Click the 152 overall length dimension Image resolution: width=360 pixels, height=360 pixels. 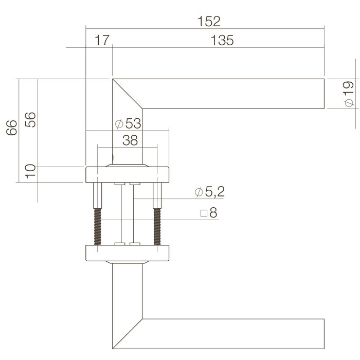pyautogui.click(x=208, y=21)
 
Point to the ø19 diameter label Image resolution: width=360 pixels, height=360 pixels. pyautogui.click(x=348, y=94)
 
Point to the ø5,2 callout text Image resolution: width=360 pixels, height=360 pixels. pyautogui.click(x=209, y=193)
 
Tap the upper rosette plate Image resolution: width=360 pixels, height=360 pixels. pyautogui.click(x=127, y=175)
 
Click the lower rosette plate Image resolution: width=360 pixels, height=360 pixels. pyautogui.click(x=127, y=254)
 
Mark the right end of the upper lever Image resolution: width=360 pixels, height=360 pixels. pyautogui.click(x=323, y=94)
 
